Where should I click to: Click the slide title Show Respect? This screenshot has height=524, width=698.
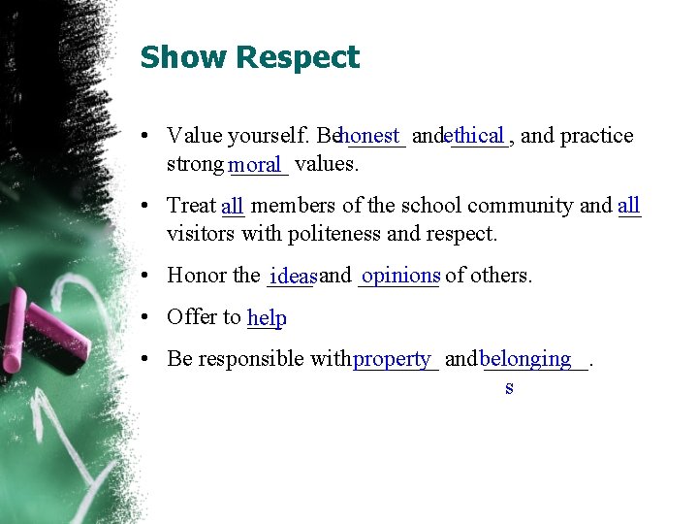pyautogui.click(x=249, y=57)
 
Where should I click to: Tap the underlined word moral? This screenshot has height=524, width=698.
pyautogui.click(x=255, y=165)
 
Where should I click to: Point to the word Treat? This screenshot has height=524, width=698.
pyautogui.click(x=191, y=206)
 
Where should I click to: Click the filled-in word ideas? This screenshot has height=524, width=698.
pyautogui.click(x=294, y=278)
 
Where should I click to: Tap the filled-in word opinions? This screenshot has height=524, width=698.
pyautogui.click(x=400, y=276)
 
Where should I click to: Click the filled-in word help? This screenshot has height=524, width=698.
pyautogui.click(x=267, y=318)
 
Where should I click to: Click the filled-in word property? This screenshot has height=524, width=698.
pyautogui.click(x=392, y=359)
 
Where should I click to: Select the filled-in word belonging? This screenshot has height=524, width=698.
pyautogui.click(x=525, y=359)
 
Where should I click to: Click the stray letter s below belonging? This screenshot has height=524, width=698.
pyautogui.click(x=509, y=388)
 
